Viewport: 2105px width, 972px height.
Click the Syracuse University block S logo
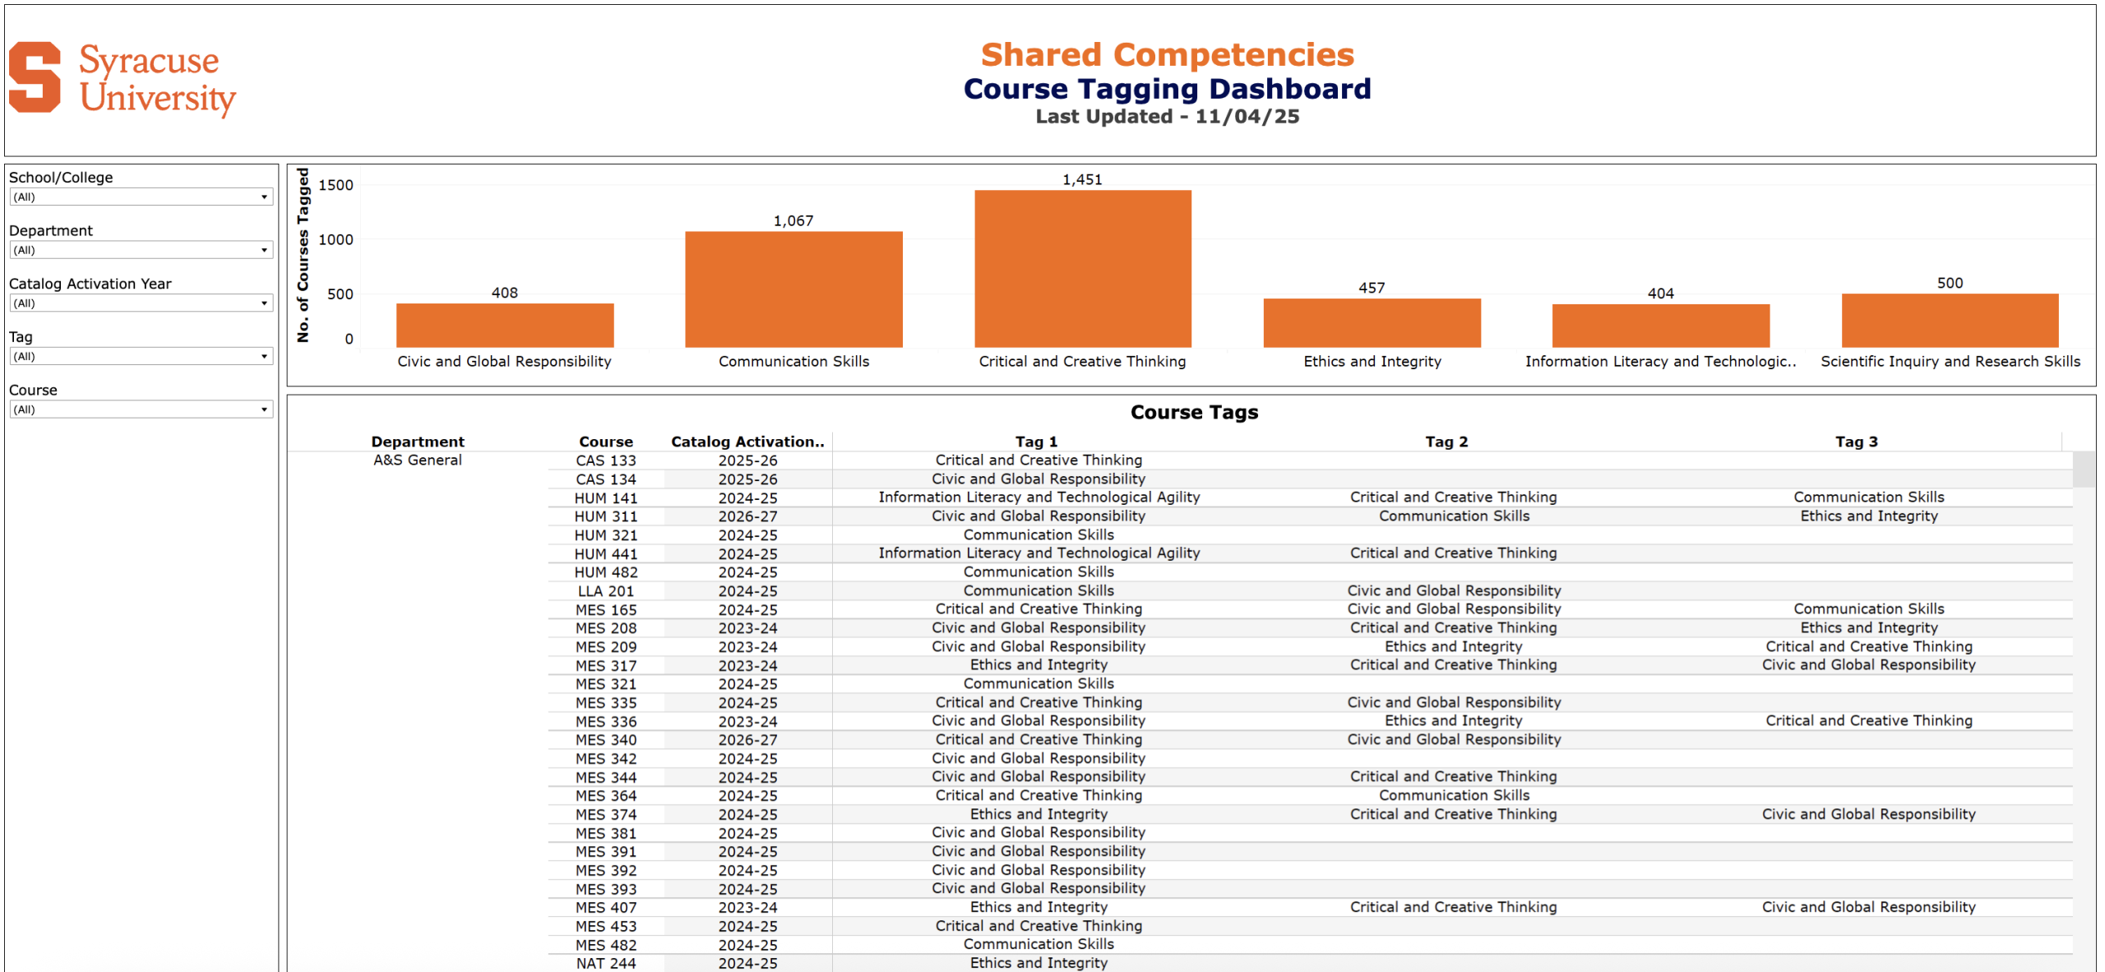35,77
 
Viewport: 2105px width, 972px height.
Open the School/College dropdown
141,197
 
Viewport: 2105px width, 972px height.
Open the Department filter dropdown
141,250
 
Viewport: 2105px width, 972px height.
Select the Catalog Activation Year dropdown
141,303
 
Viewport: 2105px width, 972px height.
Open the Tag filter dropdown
141,357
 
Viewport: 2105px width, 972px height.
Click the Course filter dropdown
141,410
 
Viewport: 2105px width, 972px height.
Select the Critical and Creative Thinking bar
1082,269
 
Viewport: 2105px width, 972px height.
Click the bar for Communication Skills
793,289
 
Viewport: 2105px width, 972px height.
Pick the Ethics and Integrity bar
1372,322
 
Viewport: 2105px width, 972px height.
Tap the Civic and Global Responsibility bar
505,326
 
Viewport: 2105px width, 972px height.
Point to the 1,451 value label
1082,179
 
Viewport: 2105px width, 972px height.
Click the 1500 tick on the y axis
335,185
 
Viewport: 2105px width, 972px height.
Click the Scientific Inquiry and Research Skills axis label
1950,361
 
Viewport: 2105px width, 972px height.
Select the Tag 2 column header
1446,442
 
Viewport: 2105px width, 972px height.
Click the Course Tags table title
1194,412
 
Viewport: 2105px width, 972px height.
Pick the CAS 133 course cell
606,461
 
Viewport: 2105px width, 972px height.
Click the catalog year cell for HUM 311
747,516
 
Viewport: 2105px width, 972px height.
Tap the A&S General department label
418,461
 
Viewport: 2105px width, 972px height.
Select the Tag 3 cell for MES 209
1868,646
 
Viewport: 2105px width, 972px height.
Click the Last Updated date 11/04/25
1247,117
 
